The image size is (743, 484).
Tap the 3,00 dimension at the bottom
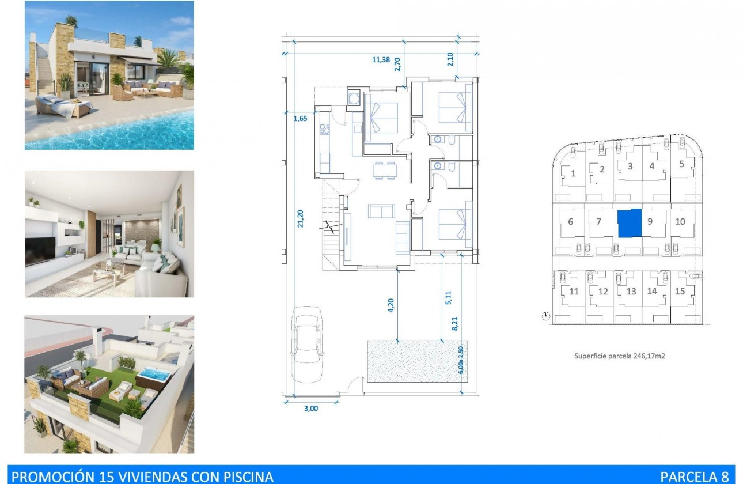(310, 409)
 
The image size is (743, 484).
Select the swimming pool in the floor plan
(406, 360)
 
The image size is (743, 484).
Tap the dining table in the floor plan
(384, 170)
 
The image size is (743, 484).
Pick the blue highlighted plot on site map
(629, 224)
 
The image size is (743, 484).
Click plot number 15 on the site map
(680, 291)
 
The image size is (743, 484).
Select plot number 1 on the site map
(573, 173)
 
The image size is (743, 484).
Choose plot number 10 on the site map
(680, 221)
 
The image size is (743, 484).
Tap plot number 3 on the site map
(630, 167)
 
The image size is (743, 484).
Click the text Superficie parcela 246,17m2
(620, 356)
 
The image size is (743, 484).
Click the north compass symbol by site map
(546, 316)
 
